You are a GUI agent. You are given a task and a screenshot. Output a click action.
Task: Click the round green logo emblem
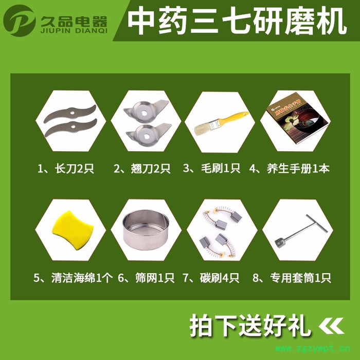[x=20, y=21]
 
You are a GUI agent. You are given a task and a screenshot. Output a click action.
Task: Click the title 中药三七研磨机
[x=237, y=21]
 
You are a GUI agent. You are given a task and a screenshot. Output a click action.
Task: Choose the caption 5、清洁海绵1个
[x=72, y=278]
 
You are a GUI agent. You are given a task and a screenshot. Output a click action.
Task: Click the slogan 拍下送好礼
[x=250, y=325]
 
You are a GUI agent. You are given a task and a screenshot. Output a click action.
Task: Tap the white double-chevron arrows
[x=331, y=326]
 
